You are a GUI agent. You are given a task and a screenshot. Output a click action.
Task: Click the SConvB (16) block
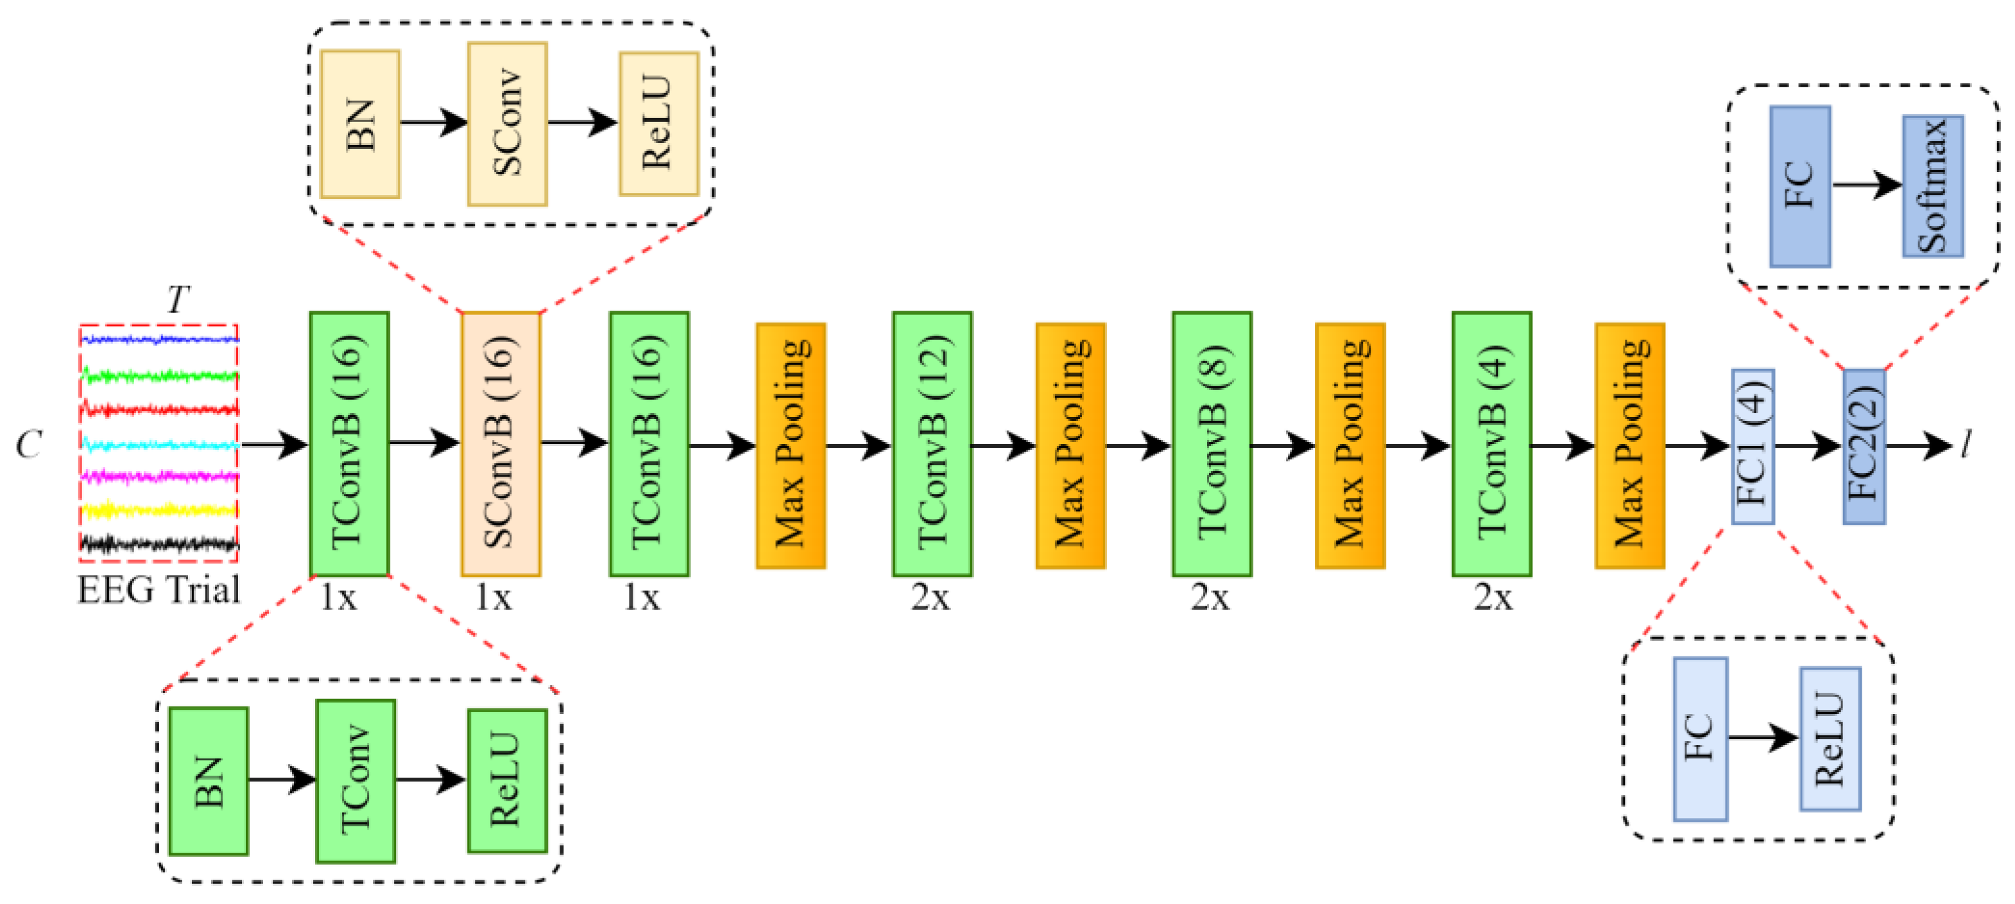point(501,443)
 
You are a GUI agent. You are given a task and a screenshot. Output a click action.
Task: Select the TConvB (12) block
point(932,443)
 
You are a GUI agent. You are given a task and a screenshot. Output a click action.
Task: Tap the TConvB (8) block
point(1212,443)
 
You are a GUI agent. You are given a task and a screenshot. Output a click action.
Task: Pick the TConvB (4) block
point(1492,443)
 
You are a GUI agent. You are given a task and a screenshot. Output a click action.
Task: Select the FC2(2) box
point(1864,446)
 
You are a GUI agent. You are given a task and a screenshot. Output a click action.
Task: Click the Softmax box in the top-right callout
point(1933,186)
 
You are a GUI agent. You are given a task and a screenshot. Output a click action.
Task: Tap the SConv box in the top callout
point(507,124)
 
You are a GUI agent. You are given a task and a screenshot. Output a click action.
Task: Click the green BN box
point(208,780)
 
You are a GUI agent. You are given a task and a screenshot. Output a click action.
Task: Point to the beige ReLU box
point(658,124)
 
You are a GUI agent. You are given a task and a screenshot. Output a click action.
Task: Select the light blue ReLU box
point(1830,738)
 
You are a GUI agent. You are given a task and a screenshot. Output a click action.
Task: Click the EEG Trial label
point(159,590)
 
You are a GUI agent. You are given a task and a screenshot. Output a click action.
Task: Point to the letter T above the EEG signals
point(178,299)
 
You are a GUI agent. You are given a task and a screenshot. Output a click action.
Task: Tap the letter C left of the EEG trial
point(28,444)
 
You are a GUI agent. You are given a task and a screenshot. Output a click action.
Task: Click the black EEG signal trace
point(159,543)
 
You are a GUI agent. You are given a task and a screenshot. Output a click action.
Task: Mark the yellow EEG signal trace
point(159,510)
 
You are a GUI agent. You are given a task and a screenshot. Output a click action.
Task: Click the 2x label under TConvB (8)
point(1210,597)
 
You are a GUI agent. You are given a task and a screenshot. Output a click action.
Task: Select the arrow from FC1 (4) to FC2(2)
point(1808,447)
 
